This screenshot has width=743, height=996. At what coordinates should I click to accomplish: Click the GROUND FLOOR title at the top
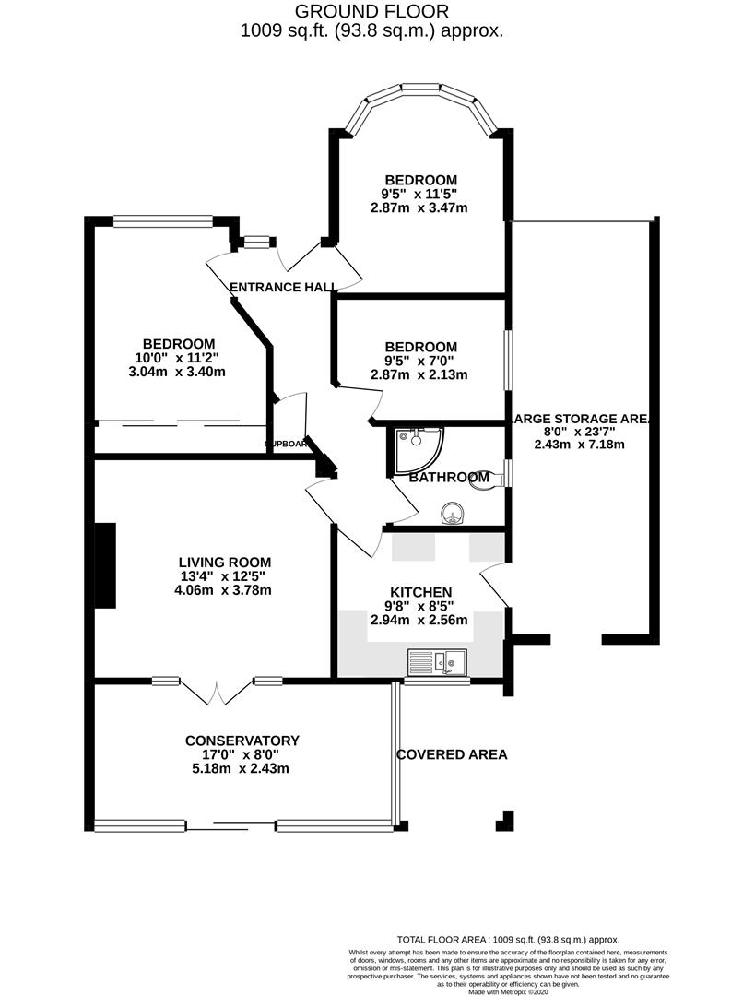(371, 12)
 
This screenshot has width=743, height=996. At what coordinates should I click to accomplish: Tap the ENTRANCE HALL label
(282, 288)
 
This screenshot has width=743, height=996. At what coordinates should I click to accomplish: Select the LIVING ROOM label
(225, 562)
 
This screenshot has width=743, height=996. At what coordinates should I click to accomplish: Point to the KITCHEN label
(419, 592)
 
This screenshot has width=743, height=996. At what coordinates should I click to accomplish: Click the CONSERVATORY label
(242, 741)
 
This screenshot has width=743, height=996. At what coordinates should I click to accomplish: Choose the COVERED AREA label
(452, 754)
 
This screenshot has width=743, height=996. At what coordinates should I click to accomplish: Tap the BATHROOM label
(449, 478)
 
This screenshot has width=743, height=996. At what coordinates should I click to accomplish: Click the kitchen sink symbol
(438, 661)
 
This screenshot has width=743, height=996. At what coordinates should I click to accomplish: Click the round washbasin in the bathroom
(451, 512)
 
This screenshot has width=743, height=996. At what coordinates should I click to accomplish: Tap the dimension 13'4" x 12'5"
(225, 576)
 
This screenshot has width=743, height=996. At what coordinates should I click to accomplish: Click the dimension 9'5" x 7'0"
(420, 361)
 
